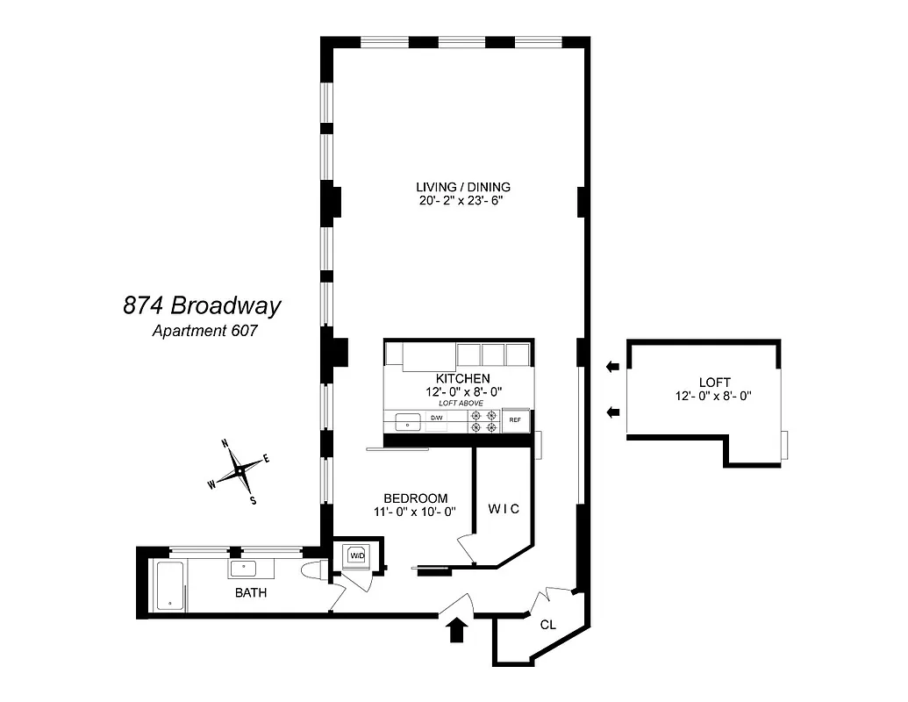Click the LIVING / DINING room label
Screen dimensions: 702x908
click(463, 187)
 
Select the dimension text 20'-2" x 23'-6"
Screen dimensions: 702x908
click(463, 201)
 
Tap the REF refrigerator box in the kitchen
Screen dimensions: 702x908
click(516, 421)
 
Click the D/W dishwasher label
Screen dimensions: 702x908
click(436, 418)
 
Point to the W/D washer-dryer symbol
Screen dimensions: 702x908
click(358, 555)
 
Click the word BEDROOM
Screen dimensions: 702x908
click(416, 498)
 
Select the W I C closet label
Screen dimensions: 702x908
click(504, 509)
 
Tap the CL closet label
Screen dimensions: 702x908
click(548, 626)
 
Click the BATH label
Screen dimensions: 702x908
click(251, 593)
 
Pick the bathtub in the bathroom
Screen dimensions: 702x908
click(170, 586)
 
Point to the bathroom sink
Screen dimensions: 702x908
click(246, 568)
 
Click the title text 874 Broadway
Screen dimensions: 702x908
click(202, 306)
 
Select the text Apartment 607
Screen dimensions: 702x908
click(205, 331)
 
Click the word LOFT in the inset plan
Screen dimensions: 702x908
click(714, 382)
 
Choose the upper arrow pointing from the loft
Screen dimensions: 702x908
click(611, 366)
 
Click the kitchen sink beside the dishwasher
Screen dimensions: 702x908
click(408, 423)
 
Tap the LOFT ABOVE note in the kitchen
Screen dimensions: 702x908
click(461, 403)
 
